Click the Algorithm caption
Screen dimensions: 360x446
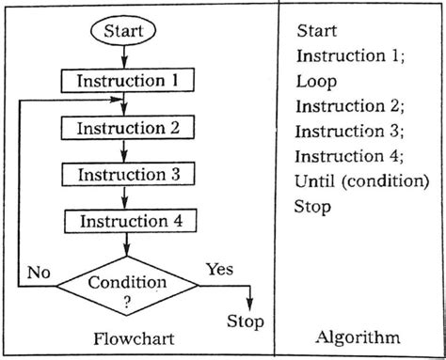(358, 337)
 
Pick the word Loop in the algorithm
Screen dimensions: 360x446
(315, 81)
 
